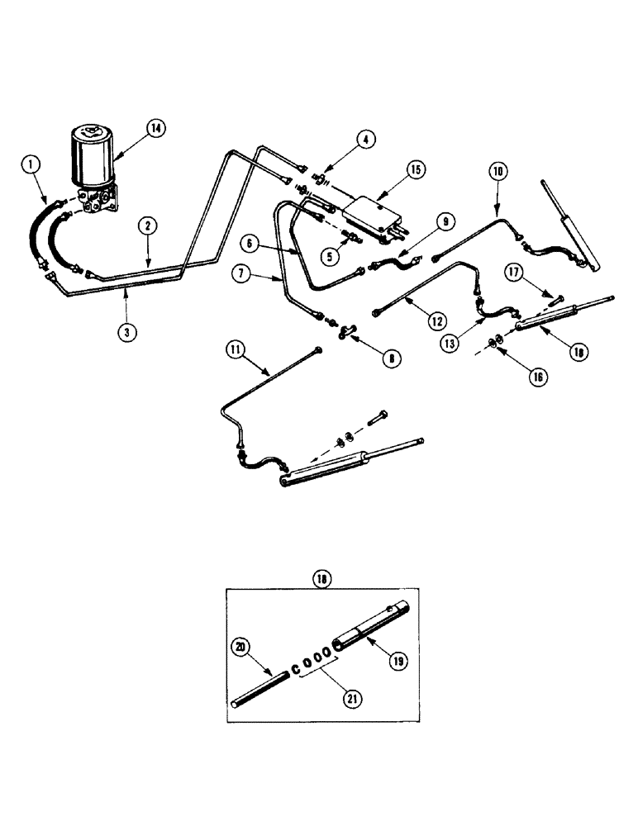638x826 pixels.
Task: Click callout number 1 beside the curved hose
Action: click(31, 167)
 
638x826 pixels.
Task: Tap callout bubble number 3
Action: click(125, 332)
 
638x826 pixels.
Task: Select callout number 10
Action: click(498, 172)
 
